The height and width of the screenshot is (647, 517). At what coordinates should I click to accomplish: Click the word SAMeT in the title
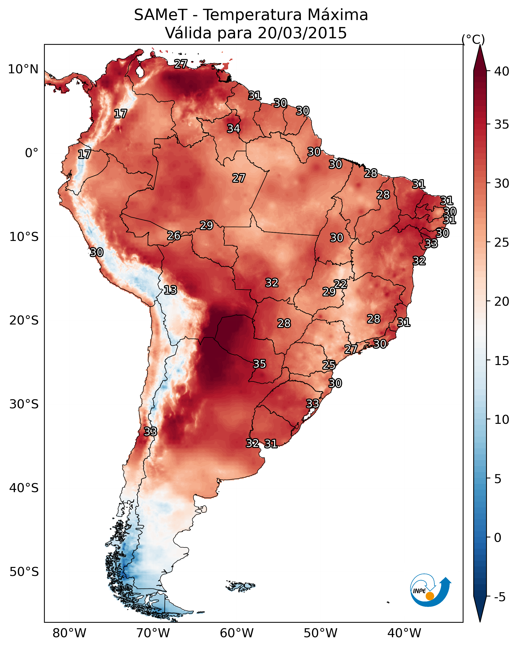pyautogui.click(x=161, y=15)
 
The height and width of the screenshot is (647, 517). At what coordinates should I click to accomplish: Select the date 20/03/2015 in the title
pyautogui.click(x=302, y=33)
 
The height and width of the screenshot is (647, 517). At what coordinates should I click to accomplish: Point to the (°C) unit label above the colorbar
pyautogui.click(x=473, y=40)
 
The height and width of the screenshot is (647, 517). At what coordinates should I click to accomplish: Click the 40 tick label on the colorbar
pyautogui.click(x=501, y=71)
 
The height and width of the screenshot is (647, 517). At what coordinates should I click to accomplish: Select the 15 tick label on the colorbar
pyautogui.click(x=501, y=361)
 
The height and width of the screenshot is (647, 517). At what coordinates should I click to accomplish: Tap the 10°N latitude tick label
pyautogui.click(x=23, y=69)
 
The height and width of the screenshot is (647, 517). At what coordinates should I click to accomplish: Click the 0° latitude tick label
pyautogui.click(x=32, y=153)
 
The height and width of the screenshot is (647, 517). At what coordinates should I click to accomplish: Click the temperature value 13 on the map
pyautogui.click(x=170, y=290)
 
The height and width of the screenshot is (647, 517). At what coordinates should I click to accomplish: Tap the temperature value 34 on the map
pyautogui.click(x=233, y=128)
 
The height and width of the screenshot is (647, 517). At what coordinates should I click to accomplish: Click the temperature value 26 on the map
pyautogui.click(x=174, y=236)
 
